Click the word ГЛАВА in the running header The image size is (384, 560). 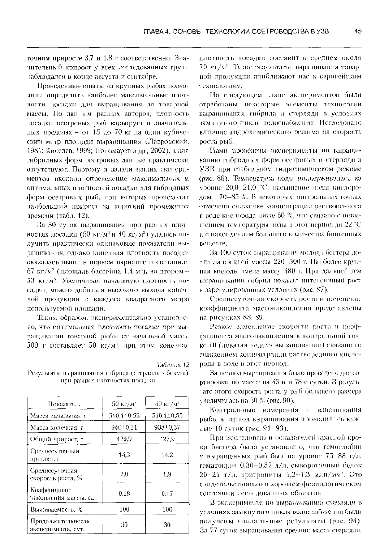[x=154, y=31]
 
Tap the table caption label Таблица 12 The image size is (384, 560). [x=173, y=364]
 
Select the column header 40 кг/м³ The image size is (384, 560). [x=167, y=404]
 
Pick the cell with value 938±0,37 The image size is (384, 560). [x=167, y=427]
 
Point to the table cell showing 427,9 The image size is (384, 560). [x=167, y=439]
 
